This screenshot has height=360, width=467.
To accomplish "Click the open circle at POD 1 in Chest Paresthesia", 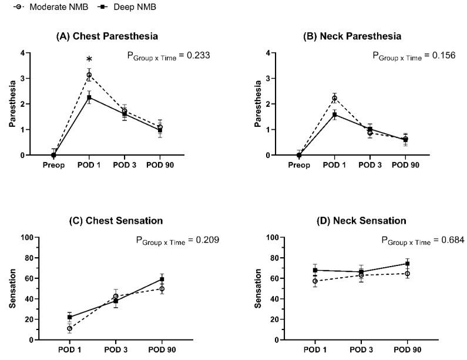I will tap(89, 75).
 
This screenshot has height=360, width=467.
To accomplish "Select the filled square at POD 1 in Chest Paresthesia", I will tap(89, 97).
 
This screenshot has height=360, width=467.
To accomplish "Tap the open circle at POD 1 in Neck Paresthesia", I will tap(334, 98).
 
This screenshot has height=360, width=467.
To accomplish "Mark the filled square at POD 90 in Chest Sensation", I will tap(162, 279).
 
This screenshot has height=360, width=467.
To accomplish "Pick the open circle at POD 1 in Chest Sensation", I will tap(70, 328).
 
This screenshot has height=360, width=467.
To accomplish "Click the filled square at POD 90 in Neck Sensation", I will tap(407, 264).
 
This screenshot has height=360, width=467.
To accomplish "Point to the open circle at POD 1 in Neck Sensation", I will tap(315, 281).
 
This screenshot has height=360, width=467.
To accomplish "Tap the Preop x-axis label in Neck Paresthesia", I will tap(300, 165).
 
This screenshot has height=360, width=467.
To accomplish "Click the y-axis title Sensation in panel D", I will tap(258, 288).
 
